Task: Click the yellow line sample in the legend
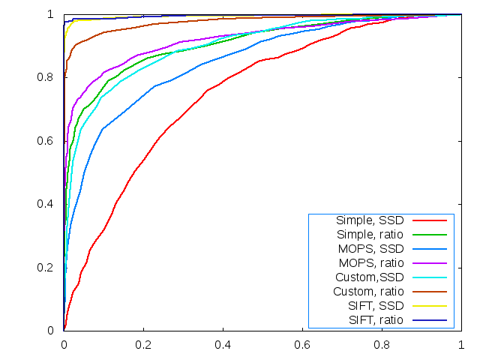(x=429, y=306)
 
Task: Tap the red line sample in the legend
(x=429, y=220)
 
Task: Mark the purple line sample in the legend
(x=429, y=263)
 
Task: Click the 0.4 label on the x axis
(x=223, y=344)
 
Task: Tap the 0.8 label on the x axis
(x=382, y=344)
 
